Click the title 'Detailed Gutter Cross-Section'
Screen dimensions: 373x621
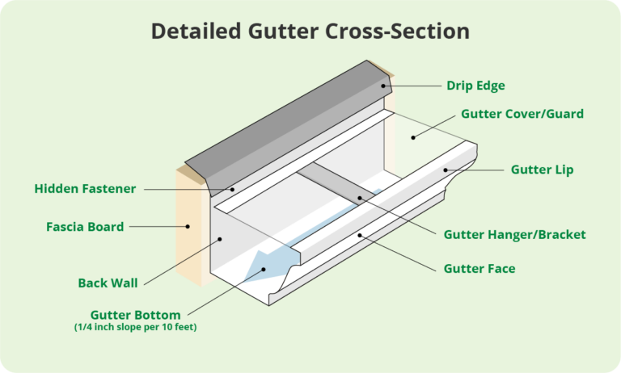[310, 31]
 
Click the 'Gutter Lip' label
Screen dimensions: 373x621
[543, 170]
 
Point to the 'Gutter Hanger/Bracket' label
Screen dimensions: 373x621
[514, 234]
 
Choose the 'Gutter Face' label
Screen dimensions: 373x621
[479, 268]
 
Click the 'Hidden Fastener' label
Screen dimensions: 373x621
[85, 189]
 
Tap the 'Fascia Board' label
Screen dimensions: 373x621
[85, 227]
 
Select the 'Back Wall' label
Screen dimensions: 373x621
[108, 283]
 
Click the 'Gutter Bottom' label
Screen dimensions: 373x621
[135, 314]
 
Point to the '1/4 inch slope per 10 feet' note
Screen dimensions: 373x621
[135, 327]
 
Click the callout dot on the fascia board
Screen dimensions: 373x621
[188, 227]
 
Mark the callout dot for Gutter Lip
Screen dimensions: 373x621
[444, 170]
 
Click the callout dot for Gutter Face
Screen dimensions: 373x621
[361, 236]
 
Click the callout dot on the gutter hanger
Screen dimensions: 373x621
[361, 198]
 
